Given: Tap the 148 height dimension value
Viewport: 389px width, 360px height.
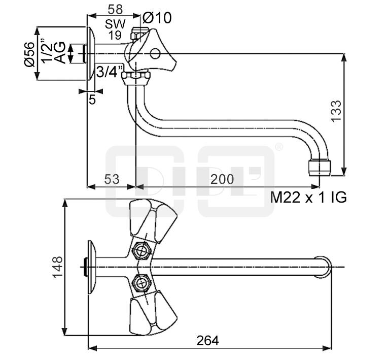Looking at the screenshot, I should pyautogui.click(x=57, y=267).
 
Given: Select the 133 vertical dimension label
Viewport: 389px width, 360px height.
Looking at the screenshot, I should pyautogui.click(x=336, y=111).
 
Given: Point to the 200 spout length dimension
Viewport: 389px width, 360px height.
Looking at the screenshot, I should pyautogui.click(x=223, y=179).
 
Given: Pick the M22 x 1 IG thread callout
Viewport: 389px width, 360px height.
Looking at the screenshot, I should pyautogui.click(x=308, y=198).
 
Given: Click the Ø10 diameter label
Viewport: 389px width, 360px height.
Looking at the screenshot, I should pyautogui.click(x=157, y=18).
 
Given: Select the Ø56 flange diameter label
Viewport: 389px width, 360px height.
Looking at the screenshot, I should pyautogui.click(x=29, y=54).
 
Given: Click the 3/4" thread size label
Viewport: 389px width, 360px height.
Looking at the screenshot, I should pyautogui.click(x=110, y=72).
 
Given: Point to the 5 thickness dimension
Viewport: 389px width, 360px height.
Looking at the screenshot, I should pyautogui.click(x=92, y=100).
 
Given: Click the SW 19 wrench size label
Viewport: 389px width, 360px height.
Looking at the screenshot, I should pyautogui.click(x=115, y=29).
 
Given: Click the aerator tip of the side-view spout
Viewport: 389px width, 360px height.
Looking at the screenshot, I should pyautogui.click(x=320, y=166).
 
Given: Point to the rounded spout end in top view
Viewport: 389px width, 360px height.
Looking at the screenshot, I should pyautogui.click(x=325, y=267).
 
